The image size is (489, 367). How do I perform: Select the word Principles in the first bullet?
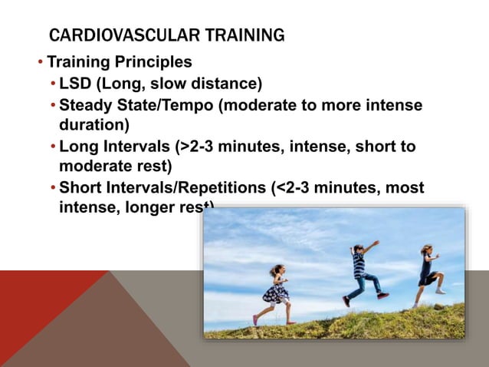tap(153, 61)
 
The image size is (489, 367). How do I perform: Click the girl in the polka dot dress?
tap(275, 293)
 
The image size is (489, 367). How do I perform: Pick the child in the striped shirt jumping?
tap(362, 272)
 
